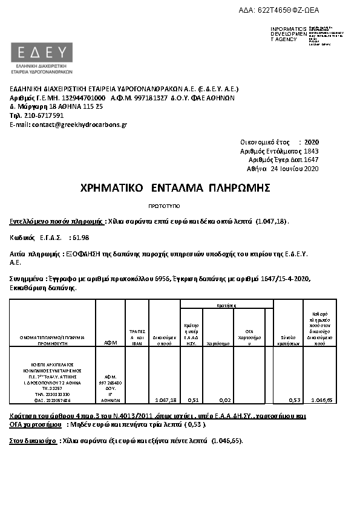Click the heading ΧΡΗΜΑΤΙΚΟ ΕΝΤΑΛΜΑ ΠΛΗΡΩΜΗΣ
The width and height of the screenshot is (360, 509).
175,188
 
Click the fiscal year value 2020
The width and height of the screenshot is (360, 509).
311,141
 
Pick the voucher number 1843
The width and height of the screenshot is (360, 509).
311,151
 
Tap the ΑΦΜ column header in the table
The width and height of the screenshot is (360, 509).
110,342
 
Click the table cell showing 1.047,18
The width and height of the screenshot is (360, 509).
165,400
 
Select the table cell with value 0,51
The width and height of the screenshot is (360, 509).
192,400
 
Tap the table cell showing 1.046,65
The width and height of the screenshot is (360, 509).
321,400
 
